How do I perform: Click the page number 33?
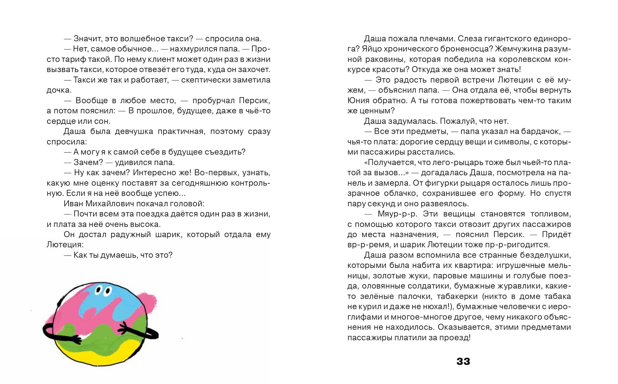point(463,361)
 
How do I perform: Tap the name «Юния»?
point(357,101)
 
